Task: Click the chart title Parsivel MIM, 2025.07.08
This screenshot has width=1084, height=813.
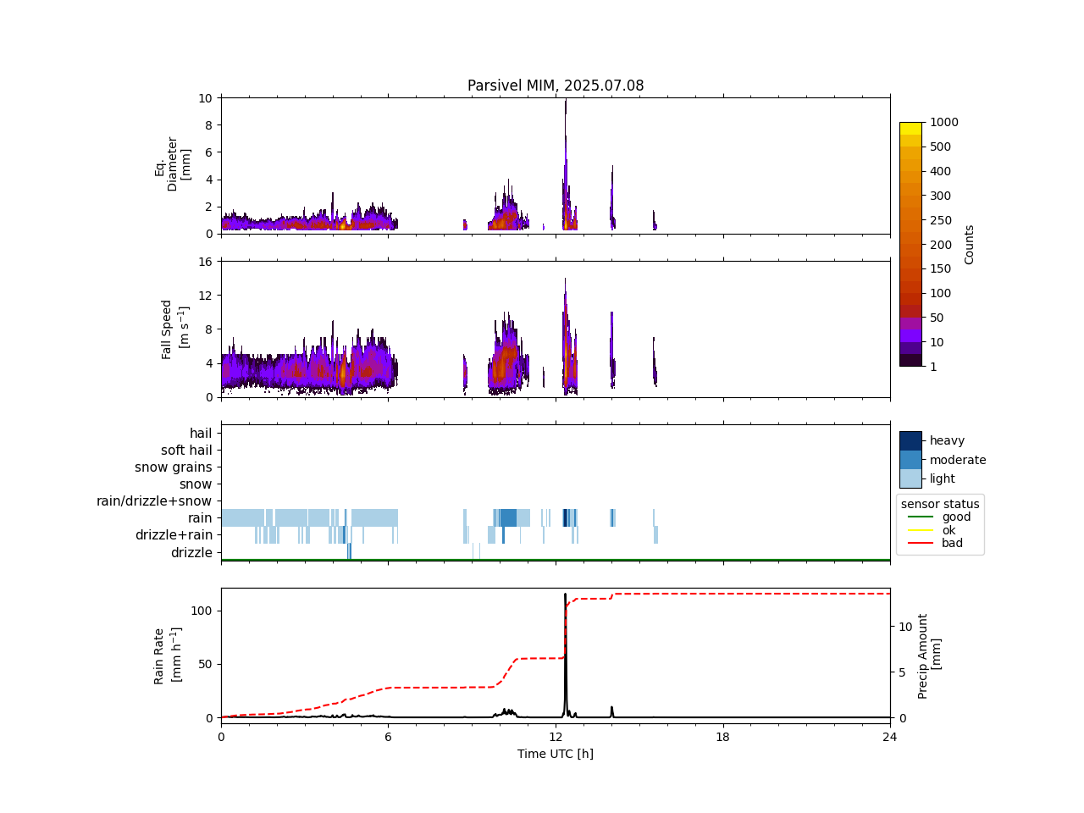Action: click(556, 86)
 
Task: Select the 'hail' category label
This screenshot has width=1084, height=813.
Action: click(201, 434)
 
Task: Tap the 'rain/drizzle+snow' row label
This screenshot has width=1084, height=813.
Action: click(154, 501)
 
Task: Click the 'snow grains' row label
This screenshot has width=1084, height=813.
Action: click(174, 467)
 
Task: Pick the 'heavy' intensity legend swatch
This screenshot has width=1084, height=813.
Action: click(910, 440)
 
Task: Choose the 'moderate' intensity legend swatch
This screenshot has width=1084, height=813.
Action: click(910, 460)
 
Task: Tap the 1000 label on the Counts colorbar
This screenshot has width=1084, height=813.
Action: click(944, 122)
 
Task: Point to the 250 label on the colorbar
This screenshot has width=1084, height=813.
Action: click(940, 220)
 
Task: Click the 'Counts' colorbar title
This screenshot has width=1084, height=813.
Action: click(970, 244)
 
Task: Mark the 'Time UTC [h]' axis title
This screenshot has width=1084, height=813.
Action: click(556, 754)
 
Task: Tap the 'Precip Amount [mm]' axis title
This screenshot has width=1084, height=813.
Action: click(929, 656)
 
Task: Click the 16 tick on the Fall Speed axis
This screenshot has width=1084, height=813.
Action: click(205, 261)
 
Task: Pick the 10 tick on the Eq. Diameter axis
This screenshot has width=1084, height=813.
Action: click(205, 98)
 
